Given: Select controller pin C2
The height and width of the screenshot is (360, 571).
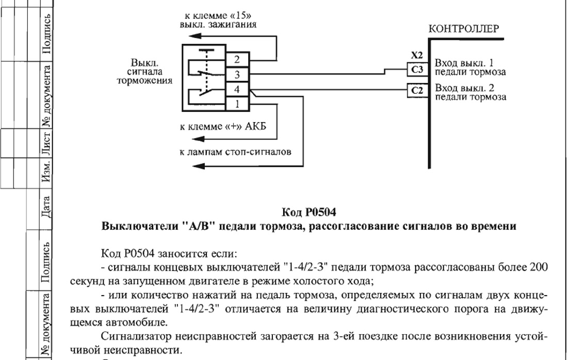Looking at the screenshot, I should (x=417, y=90).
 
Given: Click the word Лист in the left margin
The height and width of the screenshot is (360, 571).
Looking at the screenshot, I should (x=46, y=142).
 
